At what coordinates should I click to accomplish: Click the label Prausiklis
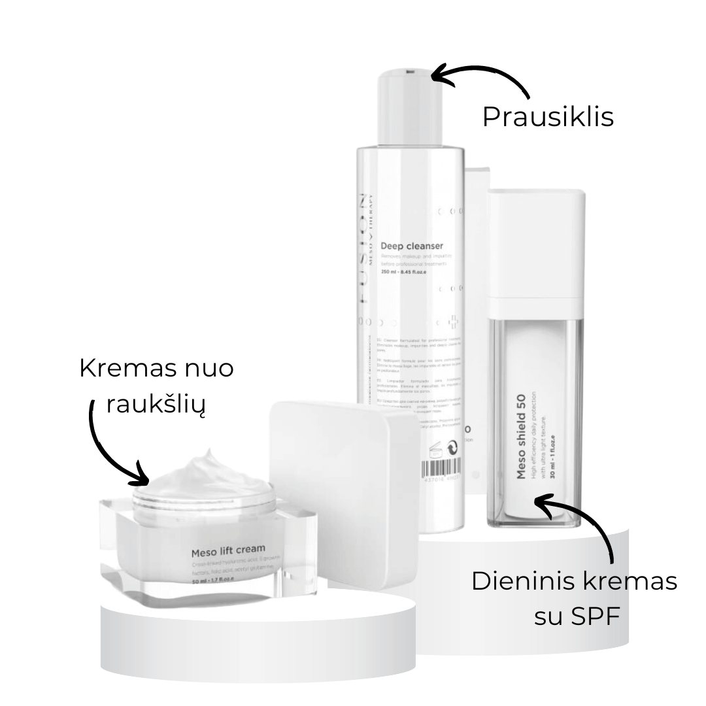click(548, 118)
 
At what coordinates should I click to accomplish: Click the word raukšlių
click(156, 406)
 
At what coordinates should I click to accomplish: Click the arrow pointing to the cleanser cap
click(481, 78)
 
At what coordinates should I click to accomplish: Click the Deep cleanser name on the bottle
click(412, 246)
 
